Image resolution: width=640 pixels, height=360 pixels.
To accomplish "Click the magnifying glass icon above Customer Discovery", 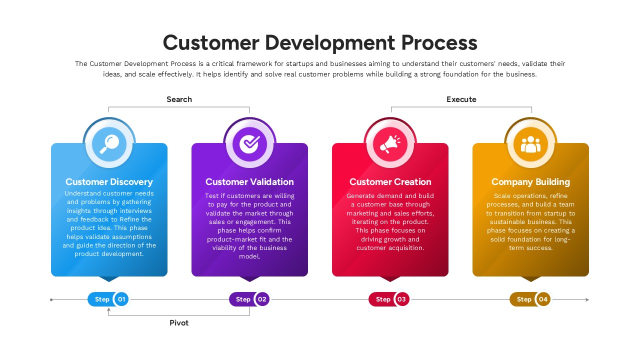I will click(x=109, y=144).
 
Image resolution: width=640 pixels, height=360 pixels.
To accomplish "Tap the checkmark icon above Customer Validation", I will click(x=249, y=144).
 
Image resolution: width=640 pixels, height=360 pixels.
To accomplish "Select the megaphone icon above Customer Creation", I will click(x=390, y=144).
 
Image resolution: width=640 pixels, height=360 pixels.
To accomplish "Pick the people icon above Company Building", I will click(x=530, y=144).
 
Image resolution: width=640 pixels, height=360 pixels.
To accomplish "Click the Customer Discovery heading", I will click(x=109, y=182).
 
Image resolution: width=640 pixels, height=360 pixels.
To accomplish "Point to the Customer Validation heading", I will click(x=249, y=182).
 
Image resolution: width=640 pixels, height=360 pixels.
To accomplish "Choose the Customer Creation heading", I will click(x=390, y=182).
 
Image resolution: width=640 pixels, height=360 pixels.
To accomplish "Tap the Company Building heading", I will click(x=530, y=182).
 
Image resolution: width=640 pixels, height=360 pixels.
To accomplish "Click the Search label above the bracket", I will click(x=179, y=99).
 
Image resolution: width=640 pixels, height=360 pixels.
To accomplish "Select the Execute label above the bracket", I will click(x=461, y=99).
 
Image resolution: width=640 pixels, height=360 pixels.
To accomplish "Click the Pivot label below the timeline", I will click(x=179, y=323).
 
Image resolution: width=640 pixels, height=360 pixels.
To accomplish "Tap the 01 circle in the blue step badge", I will click(x=121, y=299).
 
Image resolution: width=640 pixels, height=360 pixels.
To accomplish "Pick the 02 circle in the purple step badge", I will click(x=262, y=299).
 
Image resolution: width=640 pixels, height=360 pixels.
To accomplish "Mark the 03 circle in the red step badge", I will click(x=402, y=299).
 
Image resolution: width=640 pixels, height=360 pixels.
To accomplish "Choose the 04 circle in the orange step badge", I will click(x=543, y=299).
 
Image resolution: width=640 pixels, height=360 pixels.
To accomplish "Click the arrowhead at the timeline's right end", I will click(x=587, y=300).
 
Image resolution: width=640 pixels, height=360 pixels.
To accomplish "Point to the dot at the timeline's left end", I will click(x=51, y=300).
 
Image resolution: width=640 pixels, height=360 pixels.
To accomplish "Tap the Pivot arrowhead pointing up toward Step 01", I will click(x=109, y=310).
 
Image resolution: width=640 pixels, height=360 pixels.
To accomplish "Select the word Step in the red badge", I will click(x=383, y=299).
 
